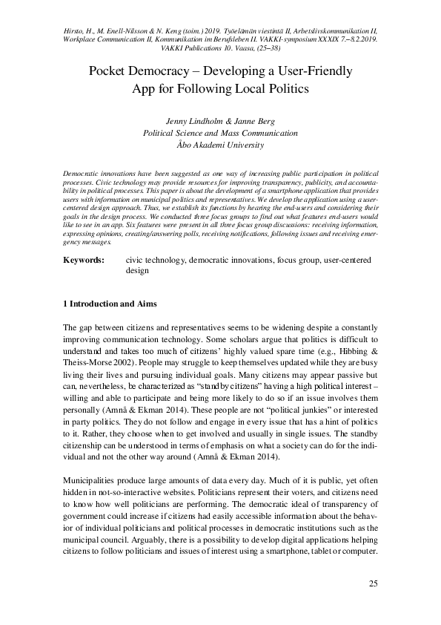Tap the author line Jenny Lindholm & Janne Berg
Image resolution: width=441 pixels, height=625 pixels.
[x=220, y=122]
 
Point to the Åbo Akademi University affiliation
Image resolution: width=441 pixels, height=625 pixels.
[x=220, y=145]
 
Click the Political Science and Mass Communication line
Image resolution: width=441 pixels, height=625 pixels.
[x=220, y=134]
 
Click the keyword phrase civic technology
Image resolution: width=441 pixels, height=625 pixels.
[x=155, y=261]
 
